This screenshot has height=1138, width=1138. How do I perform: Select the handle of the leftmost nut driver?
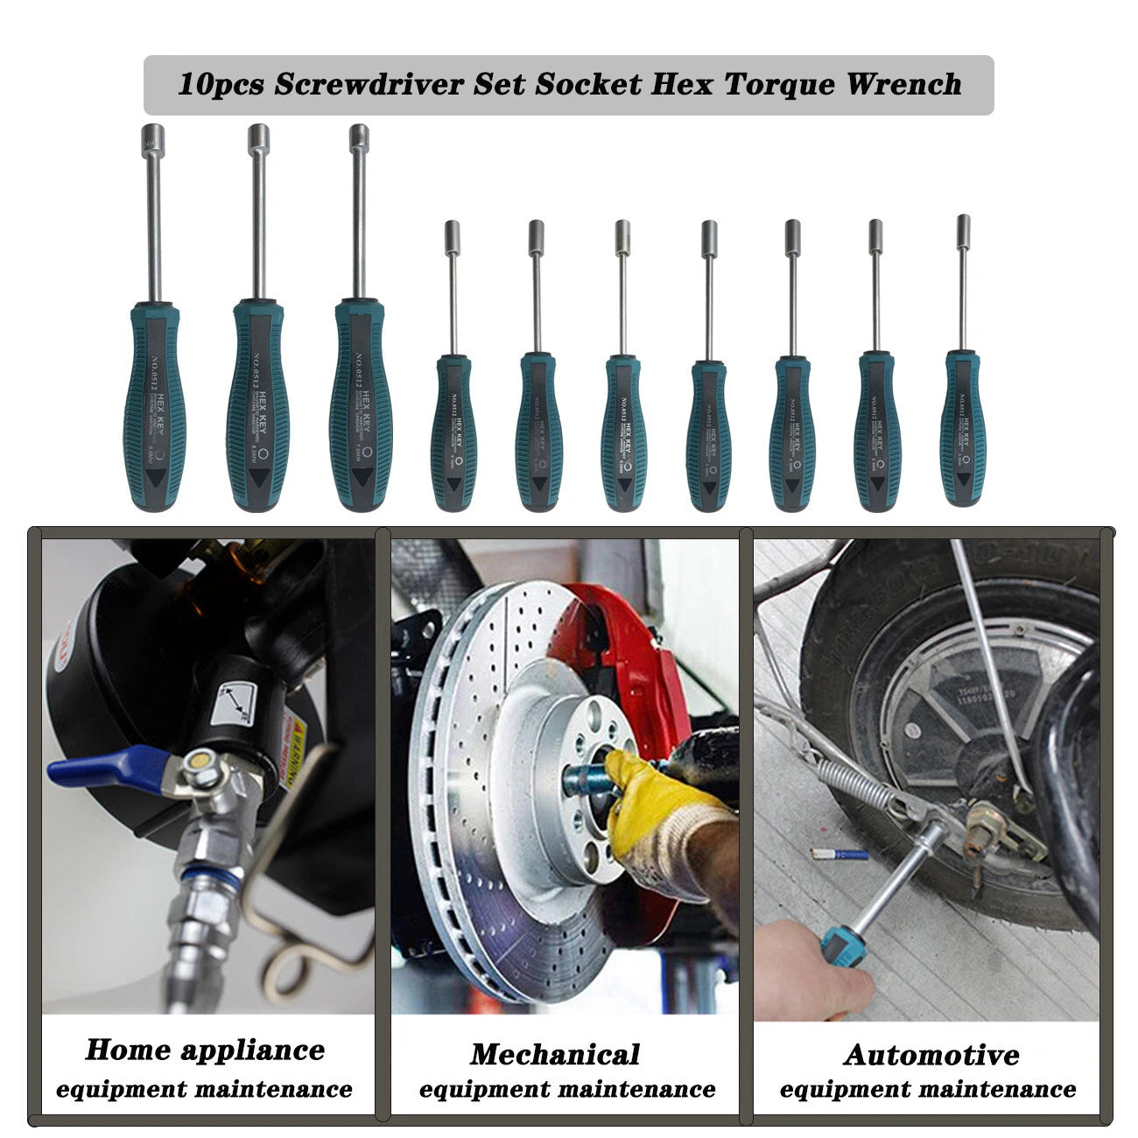click(x=156, y=407)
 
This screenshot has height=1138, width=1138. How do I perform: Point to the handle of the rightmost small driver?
click(x=963, y=429)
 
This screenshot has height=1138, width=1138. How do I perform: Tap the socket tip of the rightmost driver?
click(x=963, y=229)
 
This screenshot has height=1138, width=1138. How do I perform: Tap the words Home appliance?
click(x=205, y=1050)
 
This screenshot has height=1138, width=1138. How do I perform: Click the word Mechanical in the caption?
click(x=555, y=1054)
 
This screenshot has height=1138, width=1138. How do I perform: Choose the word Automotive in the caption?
click(x=931, y=1054)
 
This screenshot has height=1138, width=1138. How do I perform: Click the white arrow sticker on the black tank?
click(x=235, y=700)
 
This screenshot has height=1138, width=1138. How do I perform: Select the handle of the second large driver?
click(x=258, y=407)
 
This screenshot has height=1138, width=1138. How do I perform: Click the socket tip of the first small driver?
click(x=453, y=236)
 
